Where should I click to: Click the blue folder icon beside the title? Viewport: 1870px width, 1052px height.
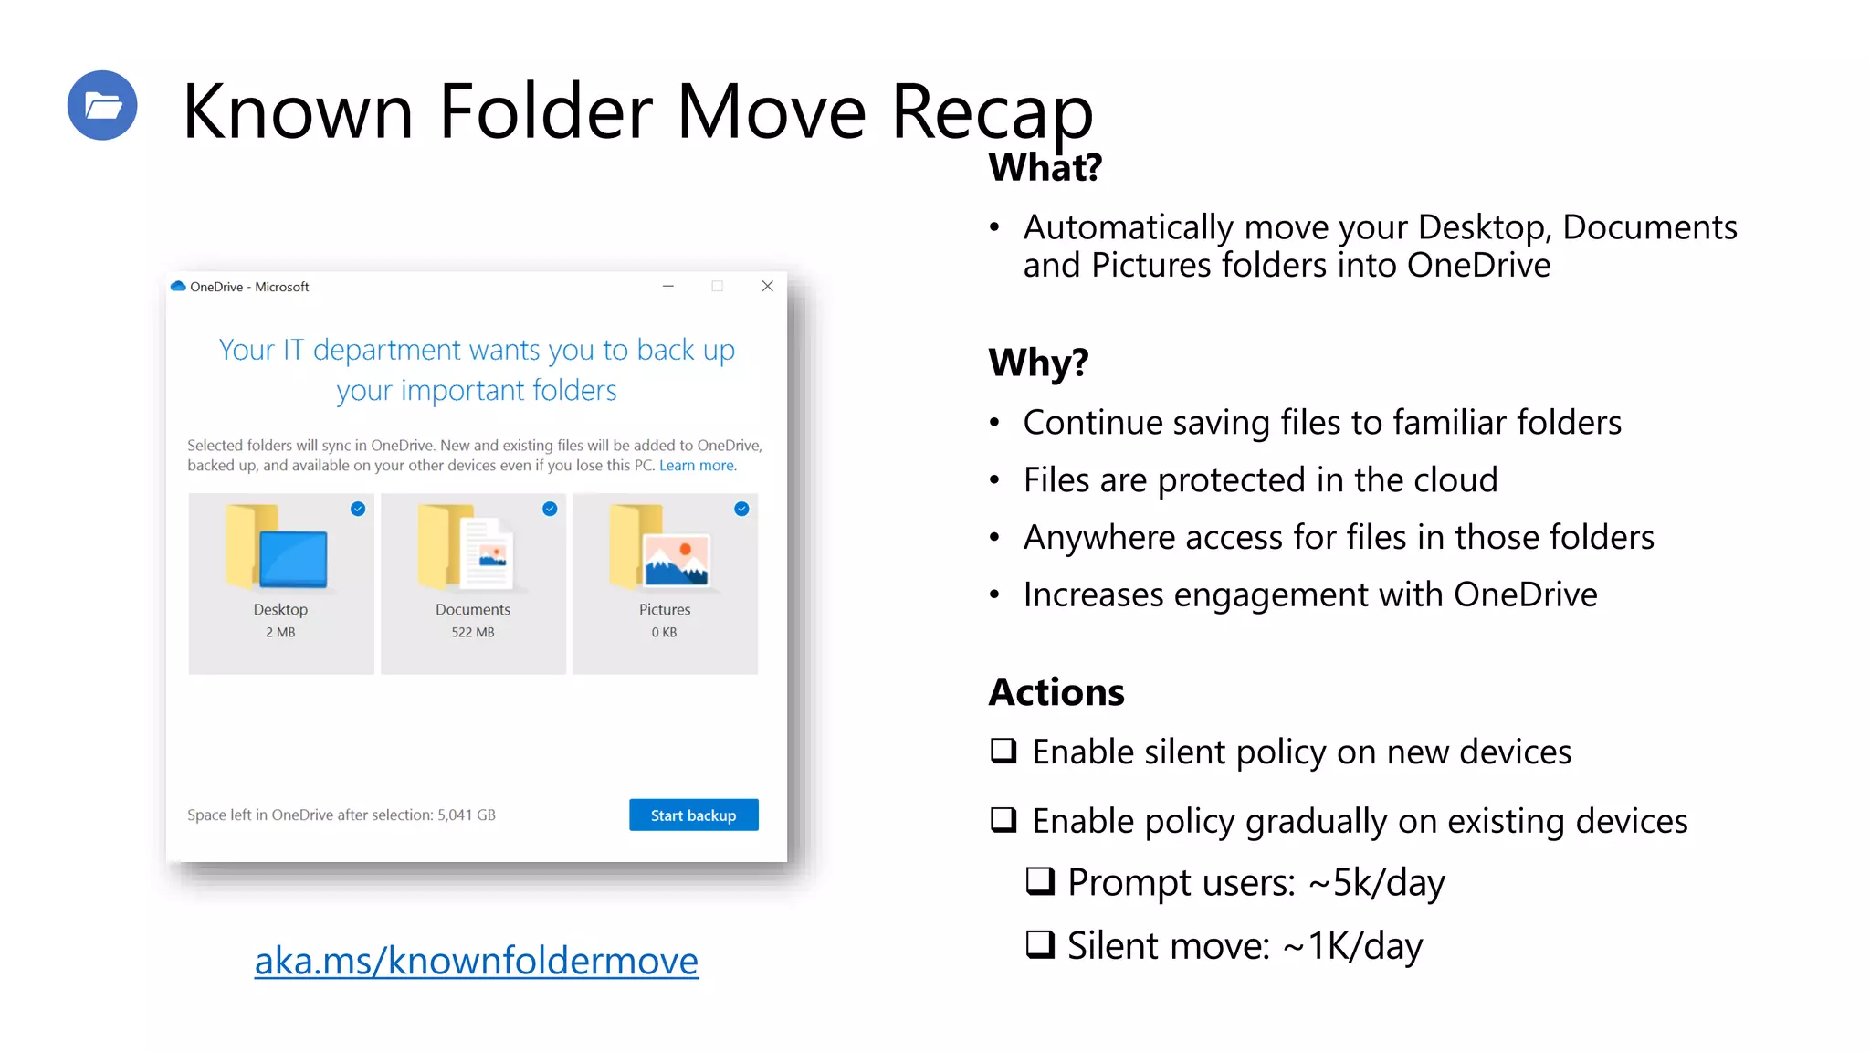click(x=102, y=105)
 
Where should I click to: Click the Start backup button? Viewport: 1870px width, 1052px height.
click(x=693, y=815)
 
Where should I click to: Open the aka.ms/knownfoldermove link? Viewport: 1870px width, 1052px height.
click(x=476, y=960)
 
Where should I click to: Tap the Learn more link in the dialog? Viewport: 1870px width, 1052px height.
click(x=698, y=466)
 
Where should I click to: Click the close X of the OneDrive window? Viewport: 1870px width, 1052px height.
click(x=767, y=287)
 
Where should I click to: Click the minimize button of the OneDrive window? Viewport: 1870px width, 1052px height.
click(x=668, y=287)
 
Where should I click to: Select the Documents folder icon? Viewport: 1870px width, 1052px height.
click(x=467, y=548)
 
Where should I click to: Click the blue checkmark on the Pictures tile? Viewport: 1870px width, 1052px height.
click(x=741, y=509)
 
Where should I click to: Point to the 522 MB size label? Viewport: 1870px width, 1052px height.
click(x=472, y=632)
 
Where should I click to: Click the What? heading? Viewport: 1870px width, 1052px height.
click(x=1045, y=167)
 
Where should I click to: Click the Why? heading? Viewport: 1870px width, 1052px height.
click(x=1038, y=363)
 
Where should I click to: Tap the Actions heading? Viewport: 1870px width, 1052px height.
click(x=1056, y=692)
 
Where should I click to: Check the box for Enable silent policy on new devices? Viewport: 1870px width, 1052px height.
click(x=1003, y=751)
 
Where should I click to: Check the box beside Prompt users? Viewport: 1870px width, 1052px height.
click(x=1040, y=881)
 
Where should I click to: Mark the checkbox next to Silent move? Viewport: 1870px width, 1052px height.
click(x=1040, y=944)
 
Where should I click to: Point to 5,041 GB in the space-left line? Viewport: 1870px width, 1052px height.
click(x=466, y=815)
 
